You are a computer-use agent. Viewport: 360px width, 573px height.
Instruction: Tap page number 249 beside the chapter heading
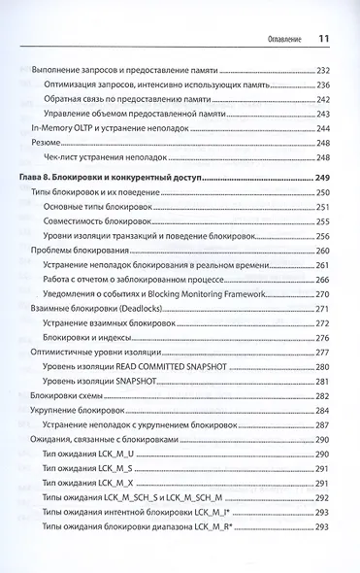(x=324, y=179)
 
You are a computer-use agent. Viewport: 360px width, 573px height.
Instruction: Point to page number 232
(x=324, y=71)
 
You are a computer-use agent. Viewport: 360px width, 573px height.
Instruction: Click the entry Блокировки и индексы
(x=90, y=336)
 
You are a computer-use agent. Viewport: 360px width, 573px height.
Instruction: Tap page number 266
(x=324, y=279)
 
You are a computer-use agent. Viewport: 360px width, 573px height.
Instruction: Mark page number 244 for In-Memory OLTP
(x=324, y=128)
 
